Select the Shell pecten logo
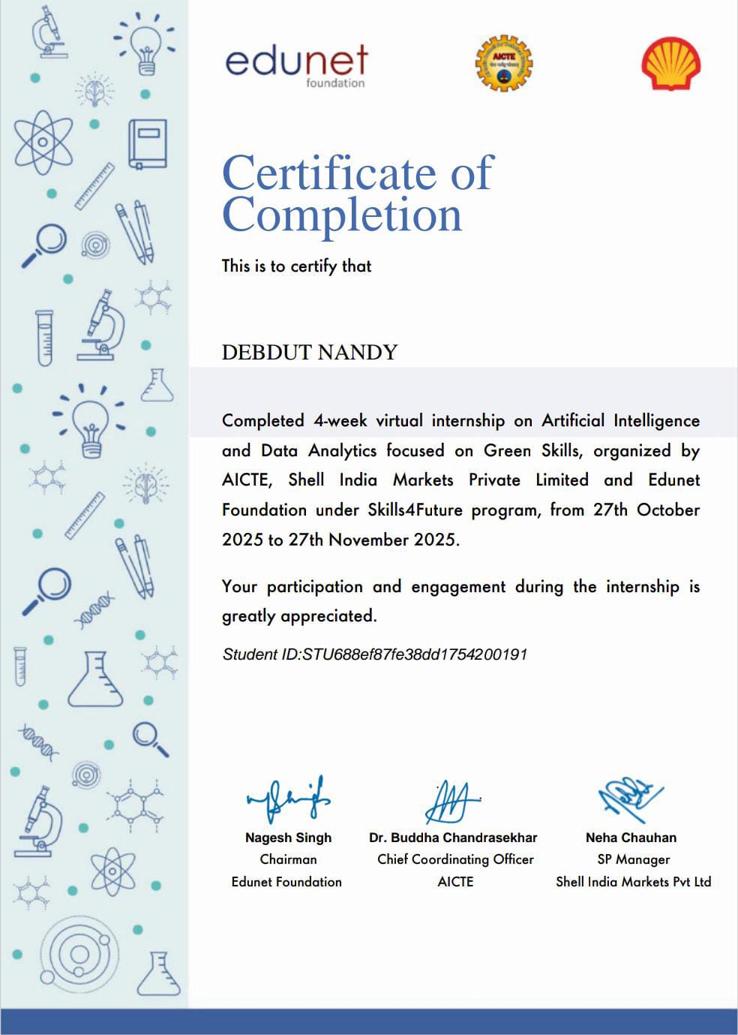point(671,65)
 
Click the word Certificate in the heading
point(328,173)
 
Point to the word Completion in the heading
point(342,215)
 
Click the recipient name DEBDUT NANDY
point(309,352)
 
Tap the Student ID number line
point(375,654)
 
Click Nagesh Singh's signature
point(289,800)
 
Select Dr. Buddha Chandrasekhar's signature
point(452,802)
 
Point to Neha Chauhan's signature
point(630,798)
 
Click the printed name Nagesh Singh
point(288,838)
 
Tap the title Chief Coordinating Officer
point(455,859)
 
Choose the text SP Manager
point(633,859)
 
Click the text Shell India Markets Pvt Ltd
point(633,882)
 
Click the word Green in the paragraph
point(508,450)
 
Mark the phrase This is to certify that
point(296,266)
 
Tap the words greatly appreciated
point(299,616)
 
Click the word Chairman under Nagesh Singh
point(288,859)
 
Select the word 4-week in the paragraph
point(340,420)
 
